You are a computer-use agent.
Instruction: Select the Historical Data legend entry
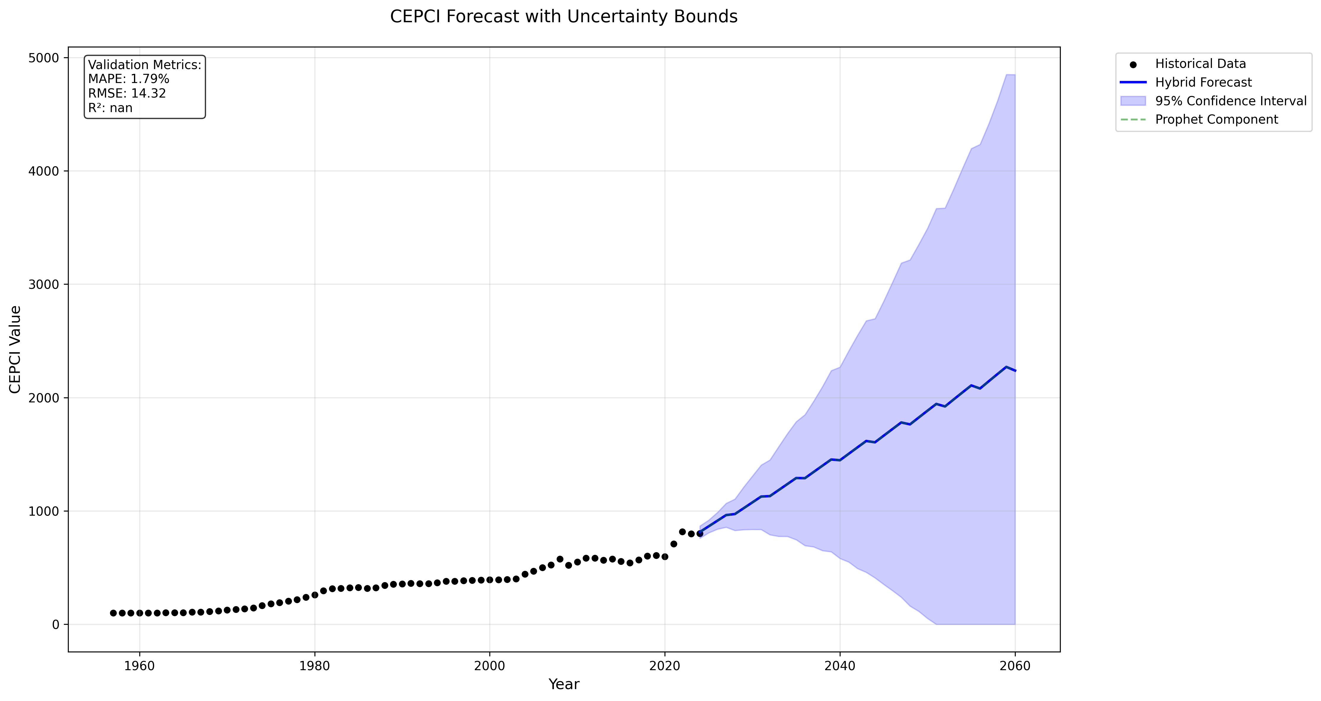(x=1200, y=64)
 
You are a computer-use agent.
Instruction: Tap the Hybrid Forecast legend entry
(x=1203, y=82)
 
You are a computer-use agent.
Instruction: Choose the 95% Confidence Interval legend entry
(x=1230, y=101)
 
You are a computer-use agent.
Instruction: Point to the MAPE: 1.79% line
(x=129, y=79)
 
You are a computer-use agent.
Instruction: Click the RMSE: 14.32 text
(x=127, y=93)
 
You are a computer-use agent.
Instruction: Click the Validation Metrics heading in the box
(x=145, y=65)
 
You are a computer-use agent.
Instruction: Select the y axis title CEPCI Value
(x=15, y=350)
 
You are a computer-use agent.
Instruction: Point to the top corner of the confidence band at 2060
(x=1014, y=75)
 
